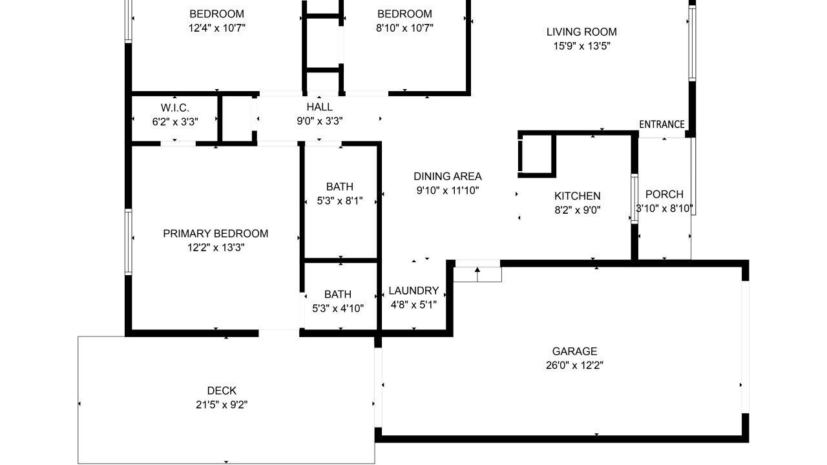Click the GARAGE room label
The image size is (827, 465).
pos(574,351)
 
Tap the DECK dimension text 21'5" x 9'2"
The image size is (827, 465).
pos(222,405)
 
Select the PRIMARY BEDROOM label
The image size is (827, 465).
pos(216,233)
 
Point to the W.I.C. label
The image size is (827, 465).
pos(175,108)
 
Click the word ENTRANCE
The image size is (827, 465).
pos(662,125)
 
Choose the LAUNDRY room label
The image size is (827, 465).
pos(413,291)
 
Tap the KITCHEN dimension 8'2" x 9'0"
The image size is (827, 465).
pos(578,210)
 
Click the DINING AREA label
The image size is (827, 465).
pos(448,176)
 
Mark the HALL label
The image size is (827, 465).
pos(319,107)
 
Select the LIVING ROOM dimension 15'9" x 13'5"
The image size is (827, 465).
pos(581,46)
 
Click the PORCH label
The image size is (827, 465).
pos(664,194)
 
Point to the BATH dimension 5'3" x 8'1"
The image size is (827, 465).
pos(340,201)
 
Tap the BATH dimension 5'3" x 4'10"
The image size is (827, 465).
pos(338,309)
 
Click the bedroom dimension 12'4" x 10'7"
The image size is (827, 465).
pos(216,28)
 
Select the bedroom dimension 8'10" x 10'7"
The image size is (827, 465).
pos(404,28)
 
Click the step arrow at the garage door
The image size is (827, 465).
pos(477,274)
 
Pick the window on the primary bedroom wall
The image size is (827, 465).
pos(128,242)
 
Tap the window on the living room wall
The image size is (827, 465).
pos(692,43)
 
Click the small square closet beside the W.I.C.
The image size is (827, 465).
pos(237,118)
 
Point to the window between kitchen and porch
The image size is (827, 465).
pos(634,198)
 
